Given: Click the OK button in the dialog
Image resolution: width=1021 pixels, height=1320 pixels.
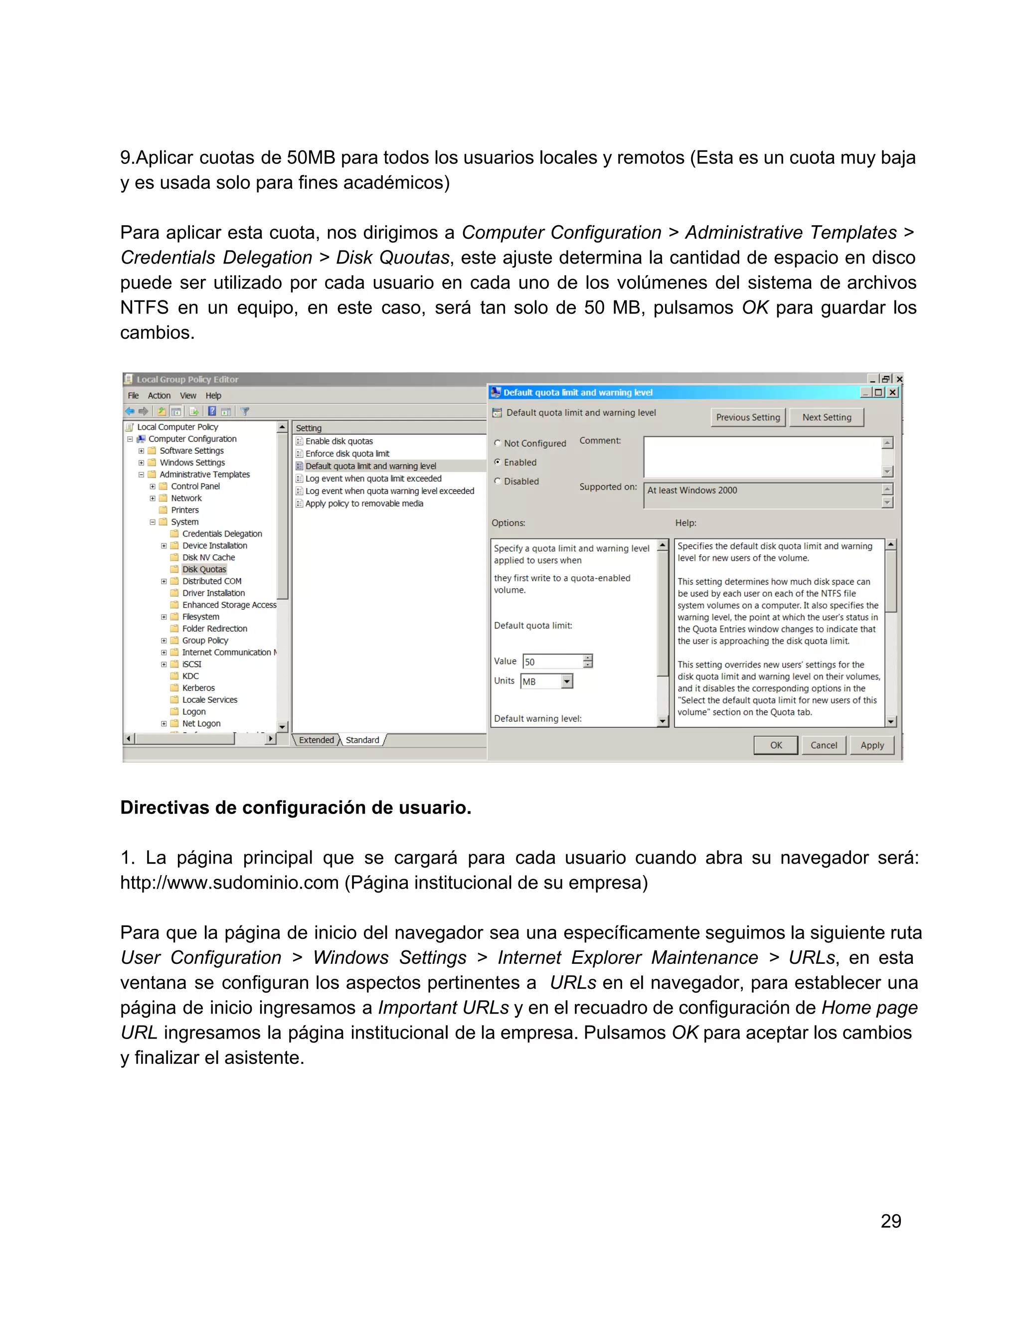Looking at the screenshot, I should (x=775, y=745).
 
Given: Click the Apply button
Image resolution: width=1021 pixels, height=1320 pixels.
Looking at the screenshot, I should (x=871, y=745).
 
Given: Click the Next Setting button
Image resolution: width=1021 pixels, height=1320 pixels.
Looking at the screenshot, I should (x=826, y=417).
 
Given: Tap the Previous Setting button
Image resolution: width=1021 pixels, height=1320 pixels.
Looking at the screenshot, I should (x=748, y=417).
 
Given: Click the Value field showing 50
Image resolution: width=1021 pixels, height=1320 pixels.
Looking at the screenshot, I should (x=552, y=662).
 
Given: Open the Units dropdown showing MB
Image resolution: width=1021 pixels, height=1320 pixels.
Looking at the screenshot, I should (x=566, y=682).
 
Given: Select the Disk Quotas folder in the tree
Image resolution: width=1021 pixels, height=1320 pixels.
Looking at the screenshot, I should (x=204, y=569).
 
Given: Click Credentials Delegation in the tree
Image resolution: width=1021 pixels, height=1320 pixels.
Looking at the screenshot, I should (x=222, y=533).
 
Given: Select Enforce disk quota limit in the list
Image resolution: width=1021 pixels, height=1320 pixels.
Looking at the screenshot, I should (x=347, y=454).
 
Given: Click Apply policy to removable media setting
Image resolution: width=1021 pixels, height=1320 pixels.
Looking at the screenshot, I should (x=363, y=504).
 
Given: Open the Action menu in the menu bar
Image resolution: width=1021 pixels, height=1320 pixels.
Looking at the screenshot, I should (x=159, y=396).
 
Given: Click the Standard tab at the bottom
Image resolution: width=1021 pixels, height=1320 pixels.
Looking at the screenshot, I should (x=362, y=740).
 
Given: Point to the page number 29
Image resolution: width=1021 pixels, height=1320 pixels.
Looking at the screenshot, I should (x=890, y=1221).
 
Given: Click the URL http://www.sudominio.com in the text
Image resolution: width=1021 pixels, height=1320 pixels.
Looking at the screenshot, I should (x=229, y=883).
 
